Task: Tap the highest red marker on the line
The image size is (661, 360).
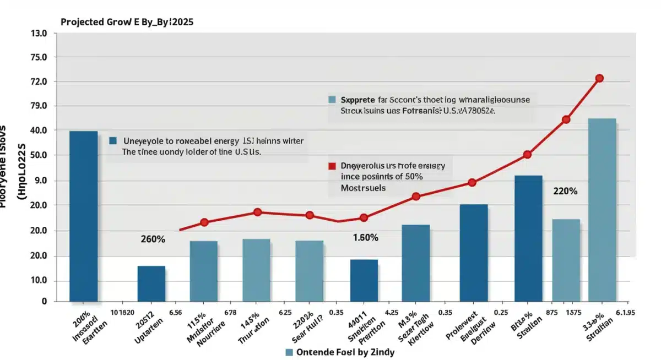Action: tap(599, 78)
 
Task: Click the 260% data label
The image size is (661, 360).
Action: tap(153, 239)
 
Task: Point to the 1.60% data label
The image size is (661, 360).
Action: tap(365, 238)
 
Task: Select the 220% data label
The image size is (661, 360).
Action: tap(565, 192)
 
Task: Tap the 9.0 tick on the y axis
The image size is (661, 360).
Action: tap(44, 181)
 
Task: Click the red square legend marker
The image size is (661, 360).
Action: tap(332, 166)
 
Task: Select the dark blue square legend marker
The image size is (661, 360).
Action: tap(113, 141)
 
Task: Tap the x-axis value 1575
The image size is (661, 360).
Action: tap(575, 312)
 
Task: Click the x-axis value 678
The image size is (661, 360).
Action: tap(230, 312)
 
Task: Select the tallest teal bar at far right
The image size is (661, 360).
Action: tap(602, 210)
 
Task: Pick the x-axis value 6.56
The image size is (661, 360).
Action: tap(176, 312)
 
